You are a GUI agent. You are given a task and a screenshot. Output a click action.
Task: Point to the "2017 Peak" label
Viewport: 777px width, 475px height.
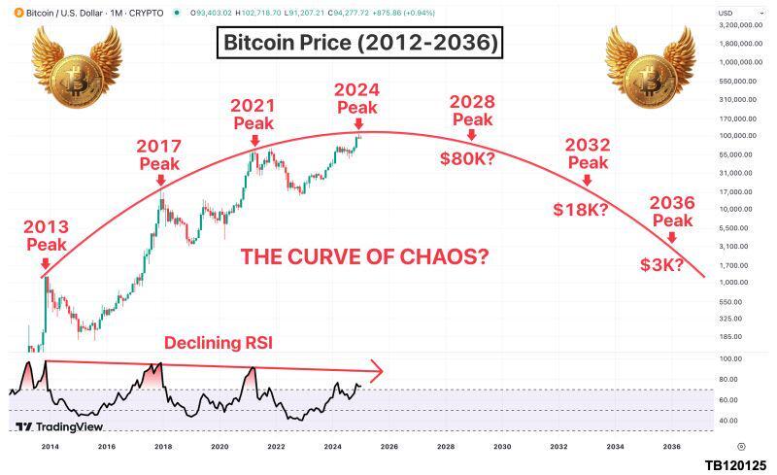(159, 154)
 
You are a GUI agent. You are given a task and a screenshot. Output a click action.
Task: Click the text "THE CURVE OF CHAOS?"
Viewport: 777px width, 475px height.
(364, 257)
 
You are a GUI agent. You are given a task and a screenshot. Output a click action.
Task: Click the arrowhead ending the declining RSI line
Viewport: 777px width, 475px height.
(379, 369)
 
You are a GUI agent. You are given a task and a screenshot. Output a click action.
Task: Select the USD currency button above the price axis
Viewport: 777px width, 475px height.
(726, 12)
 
